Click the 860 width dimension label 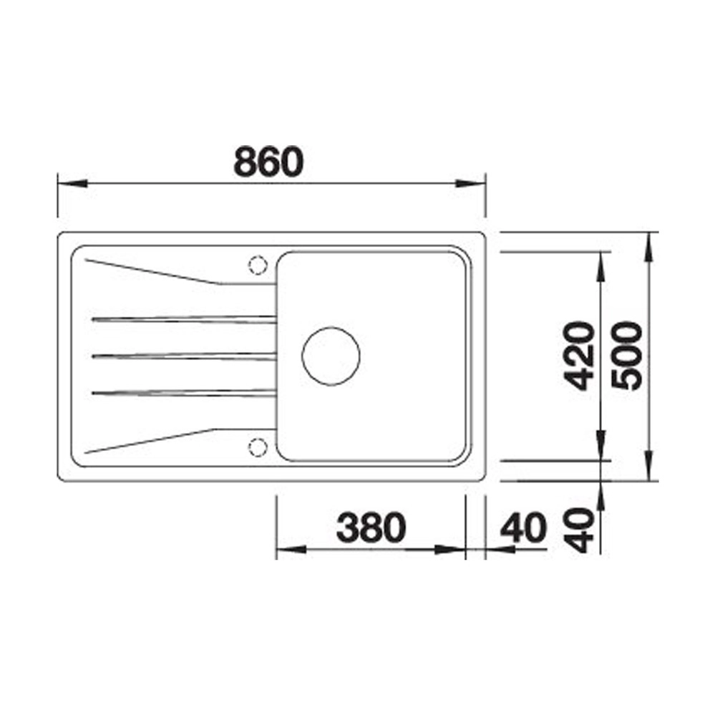pyautogui.click(x=268, y=162)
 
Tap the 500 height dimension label pyautogui.click(x=627, y=356)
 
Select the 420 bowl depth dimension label pyautogui.click(x=578, y=356)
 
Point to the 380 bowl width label pyautogui.click(x=371, y=527)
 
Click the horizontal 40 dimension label pyautogui.click(x=523, y=527)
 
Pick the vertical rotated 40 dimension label pyautogui.click(x=578, y=530)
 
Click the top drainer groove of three pyautogui.click(x=184, y=320)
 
